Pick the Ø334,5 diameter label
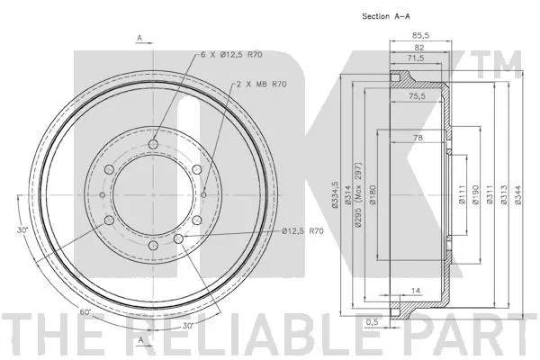click(335, 195)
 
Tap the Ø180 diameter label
click(372, 195)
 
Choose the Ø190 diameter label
click(475, 195)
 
